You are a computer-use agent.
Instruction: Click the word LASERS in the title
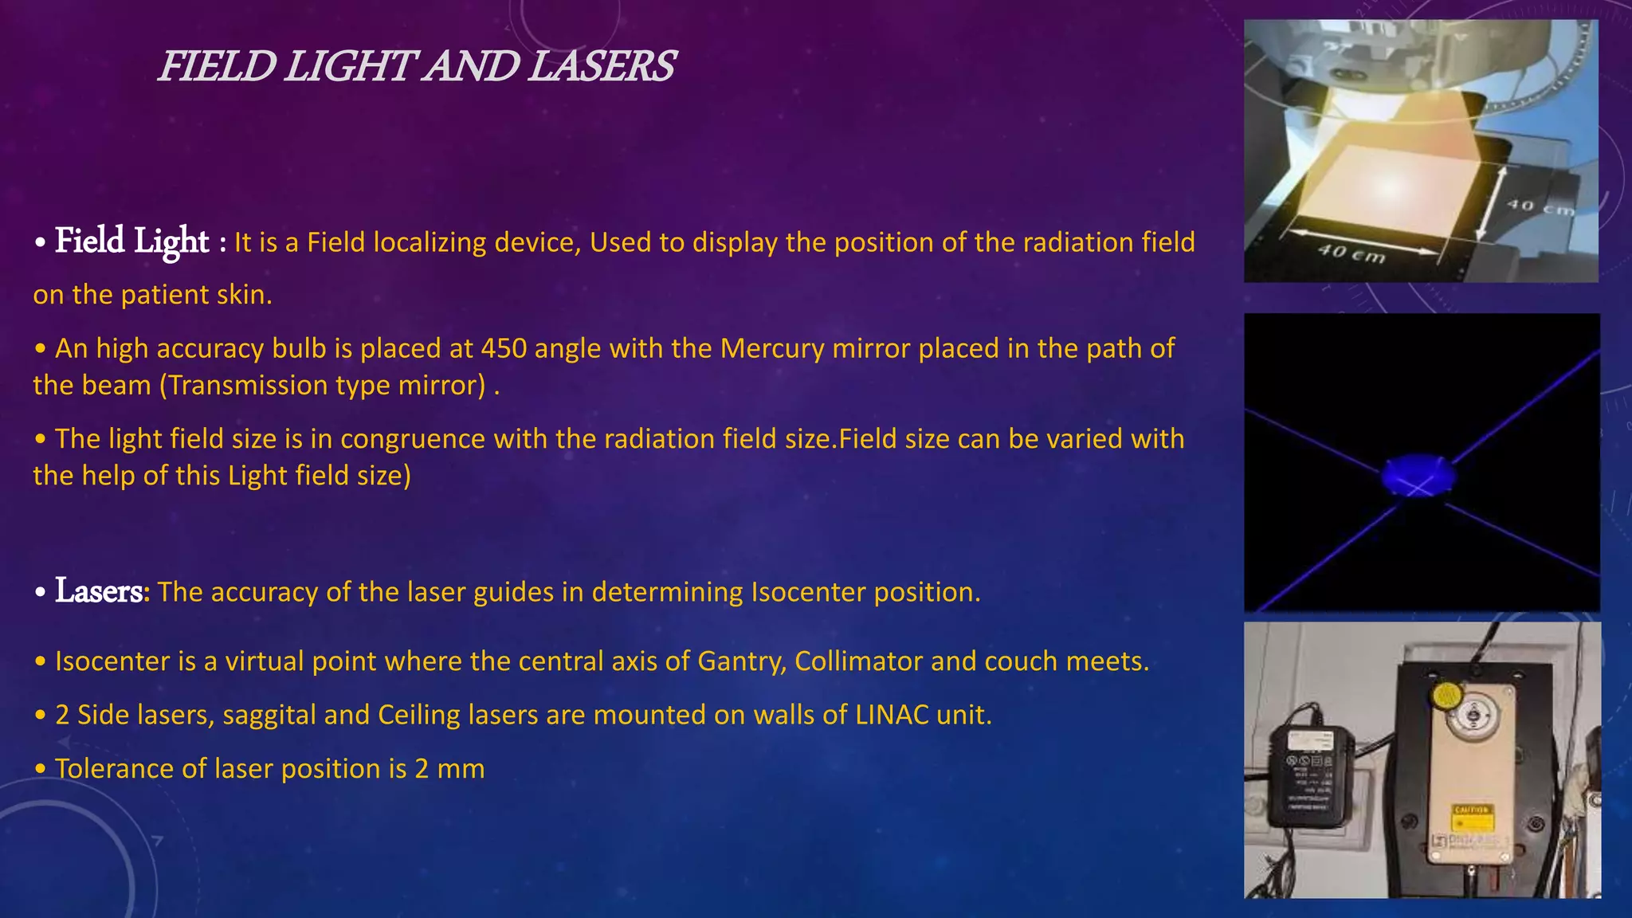(x=601, y=66)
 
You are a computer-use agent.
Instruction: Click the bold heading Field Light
(x=131, y=241)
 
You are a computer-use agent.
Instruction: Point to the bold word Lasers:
(x=102, y=591)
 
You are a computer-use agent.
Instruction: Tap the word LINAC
(x=892, y=715)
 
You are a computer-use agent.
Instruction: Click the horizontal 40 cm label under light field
(x=1351, y=253)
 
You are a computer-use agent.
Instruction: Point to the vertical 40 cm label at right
(x=1539, y=206)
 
